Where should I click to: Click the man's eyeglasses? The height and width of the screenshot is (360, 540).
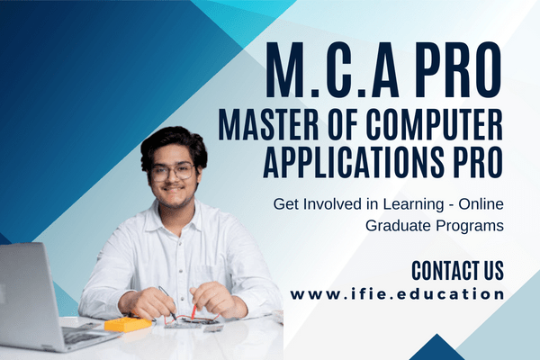[x=173, y=171]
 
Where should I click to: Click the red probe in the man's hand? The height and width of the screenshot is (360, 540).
[x=193, y=310]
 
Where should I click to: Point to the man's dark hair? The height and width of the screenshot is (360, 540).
[x=174, y=144]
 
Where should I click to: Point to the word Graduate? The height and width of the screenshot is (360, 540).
[x=396, y=226]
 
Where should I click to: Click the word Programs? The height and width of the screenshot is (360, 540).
[x=470, y=226]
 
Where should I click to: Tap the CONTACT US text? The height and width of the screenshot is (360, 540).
[x=457, y=270]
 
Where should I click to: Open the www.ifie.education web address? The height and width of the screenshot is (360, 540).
[x=397, y=295]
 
